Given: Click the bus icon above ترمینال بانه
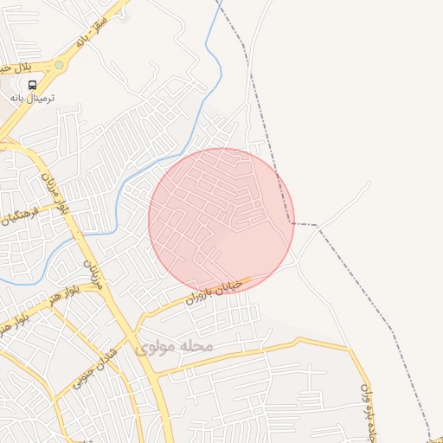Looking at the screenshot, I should (x=32, y=85).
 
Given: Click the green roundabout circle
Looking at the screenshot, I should (x=59, y=64).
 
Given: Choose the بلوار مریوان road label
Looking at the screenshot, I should (x=53, y=192).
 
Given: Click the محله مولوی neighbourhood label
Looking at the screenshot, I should (x=173, y=346).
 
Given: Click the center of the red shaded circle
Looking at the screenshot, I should (x=221, y=221).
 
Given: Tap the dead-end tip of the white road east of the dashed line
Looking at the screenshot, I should (x=369, y=183).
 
